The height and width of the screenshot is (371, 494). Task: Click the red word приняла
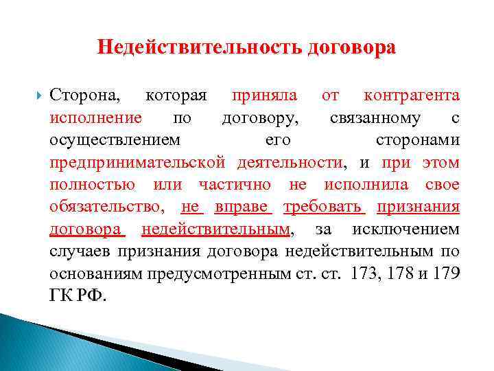[263, 95]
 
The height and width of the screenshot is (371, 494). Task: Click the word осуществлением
[115, 140]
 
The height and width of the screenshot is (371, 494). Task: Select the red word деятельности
[290, 163]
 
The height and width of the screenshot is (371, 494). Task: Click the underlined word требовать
[325, 207]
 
